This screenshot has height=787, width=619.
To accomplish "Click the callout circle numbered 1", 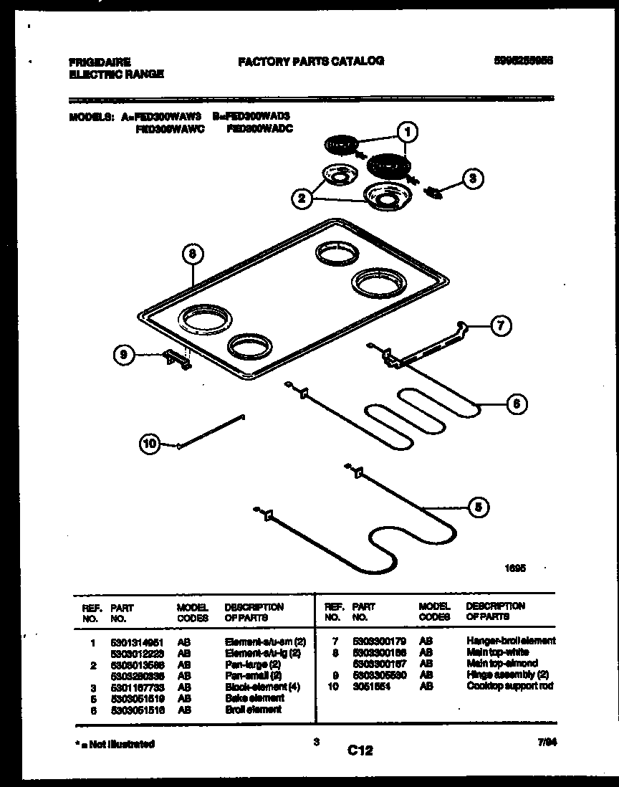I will pos(407,132).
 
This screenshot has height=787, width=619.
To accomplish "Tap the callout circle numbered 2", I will pos(302,199).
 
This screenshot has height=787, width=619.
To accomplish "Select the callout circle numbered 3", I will pos(471,179).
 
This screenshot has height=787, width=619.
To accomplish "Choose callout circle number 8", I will pos(192,254).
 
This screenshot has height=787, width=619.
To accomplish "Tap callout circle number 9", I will pos(125,353).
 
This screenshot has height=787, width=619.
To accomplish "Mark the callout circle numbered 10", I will pos(150,444).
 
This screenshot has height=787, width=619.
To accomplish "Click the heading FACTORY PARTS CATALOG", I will pos(311,62).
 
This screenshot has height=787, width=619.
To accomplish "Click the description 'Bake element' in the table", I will pos(254,697).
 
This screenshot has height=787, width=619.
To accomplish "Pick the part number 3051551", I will pos(368,686).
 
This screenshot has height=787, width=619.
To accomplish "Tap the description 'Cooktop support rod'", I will pos(510,686).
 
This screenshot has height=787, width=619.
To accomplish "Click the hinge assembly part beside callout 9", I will pos(178,360).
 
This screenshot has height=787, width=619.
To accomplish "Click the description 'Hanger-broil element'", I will pos(511,640).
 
